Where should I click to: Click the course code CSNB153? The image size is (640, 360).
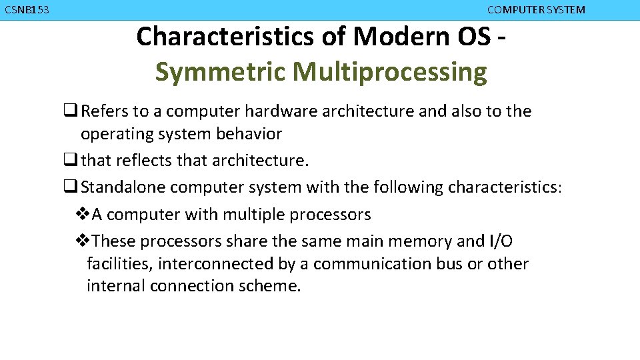26,10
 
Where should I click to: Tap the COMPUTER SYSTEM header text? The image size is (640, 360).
536,10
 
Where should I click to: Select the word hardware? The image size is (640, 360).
278,111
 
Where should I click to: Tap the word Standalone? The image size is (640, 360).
123,187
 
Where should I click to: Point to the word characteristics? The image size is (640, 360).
505,187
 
